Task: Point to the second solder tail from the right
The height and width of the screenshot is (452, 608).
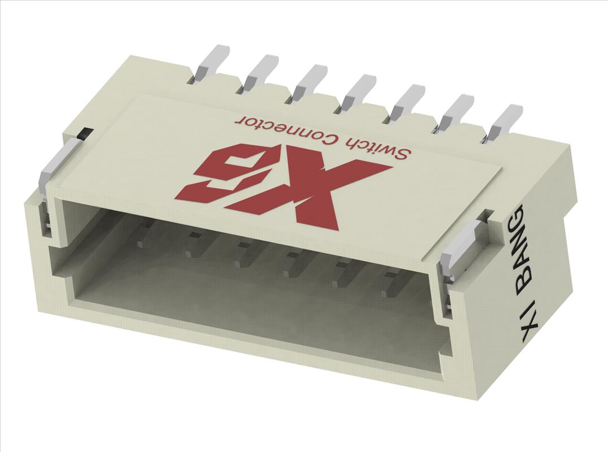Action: tap(457, 110)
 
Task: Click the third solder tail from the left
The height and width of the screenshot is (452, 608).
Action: tap(310, 79)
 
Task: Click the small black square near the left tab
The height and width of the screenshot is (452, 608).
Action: tap(83, 133)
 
